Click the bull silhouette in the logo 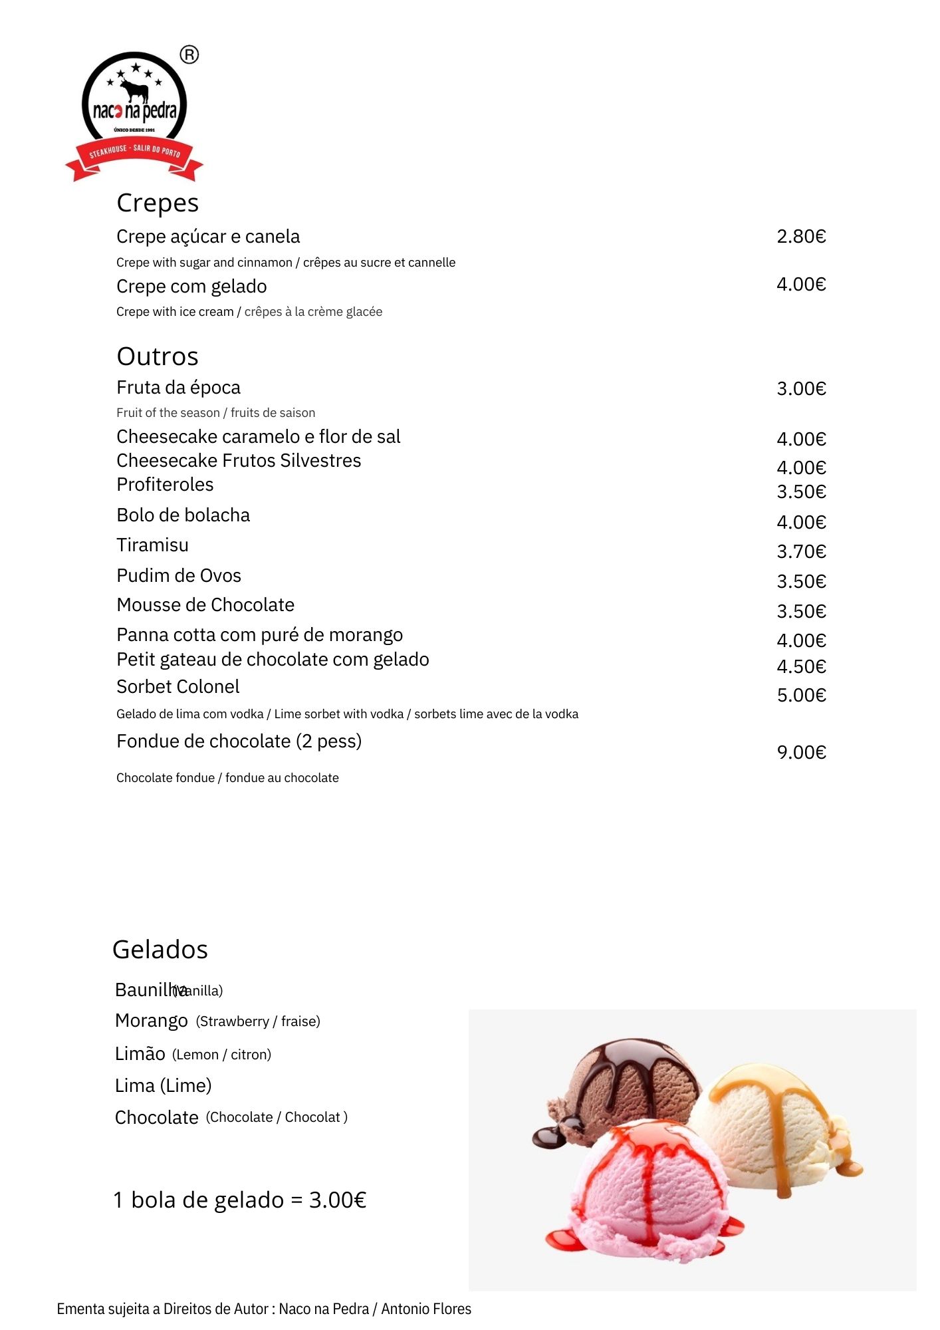coord(135,90)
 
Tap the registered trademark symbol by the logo coord(189,55)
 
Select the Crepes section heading coord(158,203)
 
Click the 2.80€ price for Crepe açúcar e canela coord(801,237)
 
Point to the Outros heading coord(158,357)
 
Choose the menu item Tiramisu coord(152,545)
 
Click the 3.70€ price coord(801,552)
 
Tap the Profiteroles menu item coord(165,485)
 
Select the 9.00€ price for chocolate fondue coord(801,753)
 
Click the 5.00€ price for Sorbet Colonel coord(801,696)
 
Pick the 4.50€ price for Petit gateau coord(801,667)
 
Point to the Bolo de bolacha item coord(183,515)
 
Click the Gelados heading coord(160,950)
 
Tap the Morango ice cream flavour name coord(152,1021)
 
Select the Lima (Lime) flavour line coord(163,1086)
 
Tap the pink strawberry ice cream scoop coord(648,1190)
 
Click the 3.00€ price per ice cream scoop coord(338,1200)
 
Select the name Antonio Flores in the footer coord(426,1309)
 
